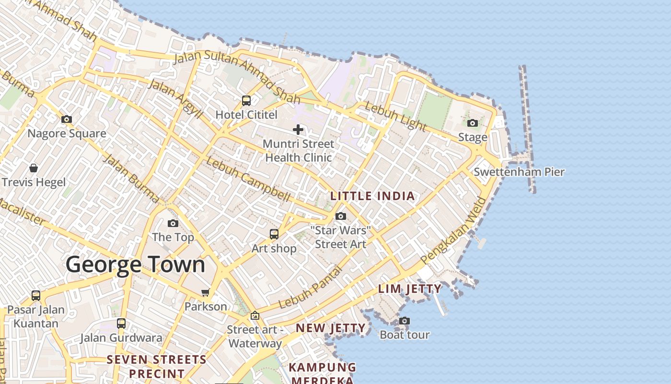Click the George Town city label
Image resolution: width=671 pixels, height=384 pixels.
click(x=135, y=265)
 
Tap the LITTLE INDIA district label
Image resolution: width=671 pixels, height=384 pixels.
click(x=372, y=196)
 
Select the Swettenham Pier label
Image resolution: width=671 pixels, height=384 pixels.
click(x=519, y=172)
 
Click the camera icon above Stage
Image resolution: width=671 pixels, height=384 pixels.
click(x=473, y=123)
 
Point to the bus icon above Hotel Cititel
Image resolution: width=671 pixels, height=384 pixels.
click(x=246, y=101)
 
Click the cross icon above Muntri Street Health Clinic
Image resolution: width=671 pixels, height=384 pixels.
click(x=298, y=130)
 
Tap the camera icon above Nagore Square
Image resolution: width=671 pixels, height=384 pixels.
click(x=67, y=120)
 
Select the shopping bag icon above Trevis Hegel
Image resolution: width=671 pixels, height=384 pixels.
click(x=34, y=168)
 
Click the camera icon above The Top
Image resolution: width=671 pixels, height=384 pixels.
click(x=173, y=224)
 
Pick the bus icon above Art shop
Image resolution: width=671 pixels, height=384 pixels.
click(x=274, y=234)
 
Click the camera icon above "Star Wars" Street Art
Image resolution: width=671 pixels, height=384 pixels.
click(x=341, y=216)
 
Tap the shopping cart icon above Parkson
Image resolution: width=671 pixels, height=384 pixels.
click(x=206, y=292)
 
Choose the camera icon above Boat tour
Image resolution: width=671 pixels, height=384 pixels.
click(x=405, y=321)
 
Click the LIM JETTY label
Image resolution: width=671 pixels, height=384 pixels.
click(x=410, y=289)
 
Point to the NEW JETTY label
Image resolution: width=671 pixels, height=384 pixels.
click(x=330, y=328)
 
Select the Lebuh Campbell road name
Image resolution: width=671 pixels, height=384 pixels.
click(x=248, y=180)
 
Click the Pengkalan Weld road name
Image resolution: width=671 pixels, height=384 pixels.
click(x=453, y=237)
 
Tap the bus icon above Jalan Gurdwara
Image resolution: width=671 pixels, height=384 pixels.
click(x=121, y=324)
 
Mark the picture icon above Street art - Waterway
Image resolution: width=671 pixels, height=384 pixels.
click(x=255, y=316)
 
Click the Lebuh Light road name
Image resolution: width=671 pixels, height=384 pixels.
click(x=395, y=116)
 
